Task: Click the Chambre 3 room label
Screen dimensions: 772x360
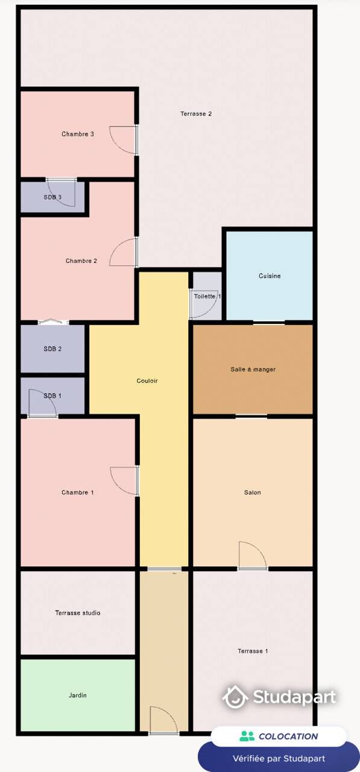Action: [x=78, y=134]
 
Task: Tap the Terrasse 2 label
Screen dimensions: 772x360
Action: [x=196, y=113]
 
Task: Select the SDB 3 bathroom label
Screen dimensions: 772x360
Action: [x=52, y=197]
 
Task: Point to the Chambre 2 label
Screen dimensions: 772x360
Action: [x=81, y=261]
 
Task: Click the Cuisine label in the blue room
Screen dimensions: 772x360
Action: [x=270, y=276]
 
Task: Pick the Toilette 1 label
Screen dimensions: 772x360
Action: [x=207, y=297]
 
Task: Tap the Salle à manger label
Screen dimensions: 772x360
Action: [x=253, y=369]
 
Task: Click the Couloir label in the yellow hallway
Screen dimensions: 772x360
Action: [x=147, y=381]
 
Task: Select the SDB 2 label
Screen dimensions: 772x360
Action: [x=52, y=349]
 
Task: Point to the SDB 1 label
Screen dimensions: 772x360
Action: [x=52, y=396]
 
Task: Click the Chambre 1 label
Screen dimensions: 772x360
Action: [x=78, y=493]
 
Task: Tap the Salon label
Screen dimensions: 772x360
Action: [x=253, y=493]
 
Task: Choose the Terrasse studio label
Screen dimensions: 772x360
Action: [x=78, y=613]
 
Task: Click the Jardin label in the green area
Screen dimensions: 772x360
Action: [x=78, y=695]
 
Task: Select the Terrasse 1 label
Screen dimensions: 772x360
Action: [x=253, y=651]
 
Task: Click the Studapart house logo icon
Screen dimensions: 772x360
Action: [x=236, y=697]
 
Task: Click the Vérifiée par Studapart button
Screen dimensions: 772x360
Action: [x=279, y=758]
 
